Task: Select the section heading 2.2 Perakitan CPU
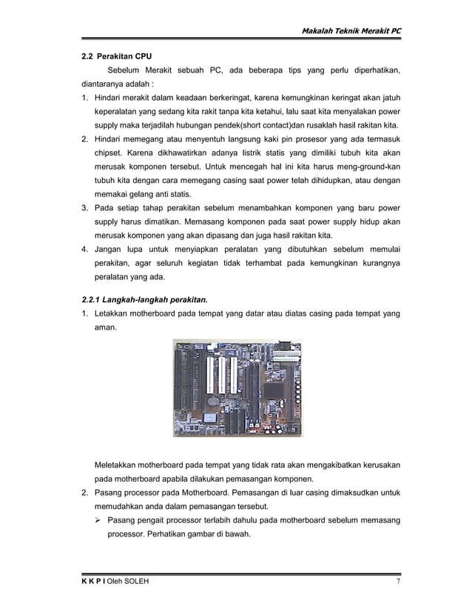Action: [x=117, y=56]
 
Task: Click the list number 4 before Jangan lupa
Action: [x=84, y=250]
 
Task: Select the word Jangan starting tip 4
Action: [x=109, y=250]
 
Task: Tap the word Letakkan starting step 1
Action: [x=112, y=313]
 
